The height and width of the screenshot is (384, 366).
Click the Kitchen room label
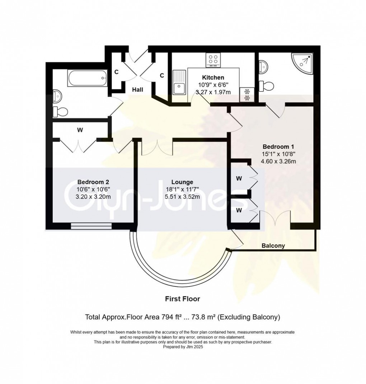[x=213, y=77]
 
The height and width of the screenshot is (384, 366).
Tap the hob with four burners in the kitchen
[x=213, y=60]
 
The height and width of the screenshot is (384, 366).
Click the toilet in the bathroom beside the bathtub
[x=60, y=111]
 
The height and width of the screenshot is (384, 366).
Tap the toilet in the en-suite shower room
[x=267, y=86]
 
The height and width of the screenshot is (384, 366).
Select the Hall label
[x=137, y=90]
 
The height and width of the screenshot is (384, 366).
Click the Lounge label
[x=182, y=182]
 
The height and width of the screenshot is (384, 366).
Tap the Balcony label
[x=273, y=246]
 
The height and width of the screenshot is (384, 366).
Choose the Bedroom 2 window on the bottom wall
[x=91, y=226]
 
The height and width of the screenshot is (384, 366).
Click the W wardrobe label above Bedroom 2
[x=80, y=130]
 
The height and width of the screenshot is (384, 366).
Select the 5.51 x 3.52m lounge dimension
[x=182, y=196]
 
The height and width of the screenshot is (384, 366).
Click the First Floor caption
[x=182, y=298]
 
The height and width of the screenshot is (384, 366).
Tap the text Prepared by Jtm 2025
[x=183, y=347]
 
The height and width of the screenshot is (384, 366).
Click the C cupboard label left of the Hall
[x=116, y=72]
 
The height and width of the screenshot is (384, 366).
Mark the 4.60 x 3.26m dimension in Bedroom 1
[x=278, y=161]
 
